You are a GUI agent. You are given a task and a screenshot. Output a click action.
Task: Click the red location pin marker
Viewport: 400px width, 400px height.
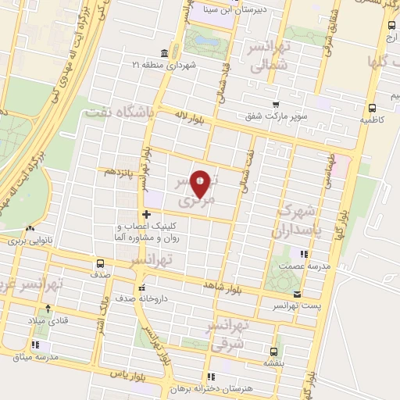(x=201, y=184)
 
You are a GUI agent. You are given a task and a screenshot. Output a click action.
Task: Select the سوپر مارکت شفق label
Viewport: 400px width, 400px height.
(x=278, y=116)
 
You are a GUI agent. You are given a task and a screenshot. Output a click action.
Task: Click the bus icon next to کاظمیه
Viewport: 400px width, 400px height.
(x=372, y=108)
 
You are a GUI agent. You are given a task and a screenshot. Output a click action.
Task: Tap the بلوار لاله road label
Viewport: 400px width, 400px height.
(x=192, y=116)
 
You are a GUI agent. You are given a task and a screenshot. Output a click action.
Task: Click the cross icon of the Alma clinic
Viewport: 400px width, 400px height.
(x=146, y=214)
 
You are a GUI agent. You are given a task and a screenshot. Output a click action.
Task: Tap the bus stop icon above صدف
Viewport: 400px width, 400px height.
(x=100, y=262)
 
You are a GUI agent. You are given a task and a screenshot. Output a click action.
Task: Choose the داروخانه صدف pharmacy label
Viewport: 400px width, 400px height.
(x=147, y=298)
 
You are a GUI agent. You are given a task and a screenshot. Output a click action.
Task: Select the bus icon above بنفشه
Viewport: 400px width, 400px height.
(x=273, y=351)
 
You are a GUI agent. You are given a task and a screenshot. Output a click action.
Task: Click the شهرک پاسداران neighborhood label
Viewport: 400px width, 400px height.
(x=295, y=222)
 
